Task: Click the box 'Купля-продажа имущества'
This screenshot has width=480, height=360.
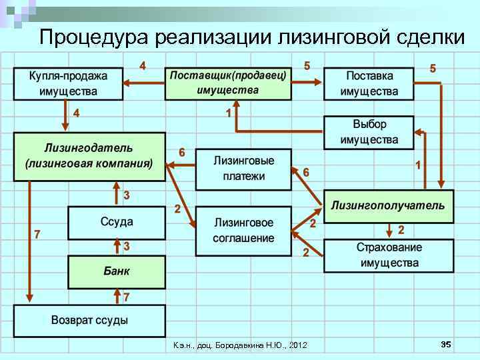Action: click(x=68, y=82)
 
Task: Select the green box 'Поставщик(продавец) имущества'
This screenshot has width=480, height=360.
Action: click(x=228, y=82)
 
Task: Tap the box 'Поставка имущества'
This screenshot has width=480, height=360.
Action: click(x=369, y=83)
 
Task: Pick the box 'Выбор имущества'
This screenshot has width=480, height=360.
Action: click(x=369, y=132)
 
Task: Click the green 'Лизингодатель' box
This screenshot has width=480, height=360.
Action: click(x=89, y=156)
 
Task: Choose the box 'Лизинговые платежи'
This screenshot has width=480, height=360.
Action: click(x=243, y=169)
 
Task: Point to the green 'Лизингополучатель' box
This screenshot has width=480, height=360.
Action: click(x=388, y=206)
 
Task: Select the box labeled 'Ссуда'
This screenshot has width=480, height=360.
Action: click(x=117, y=222)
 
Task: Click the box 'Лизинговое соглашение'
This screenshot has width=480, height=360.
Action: click(x=243, y=230)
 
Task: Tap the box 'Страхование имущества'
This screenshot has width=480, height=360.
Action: click(x=389, y=255)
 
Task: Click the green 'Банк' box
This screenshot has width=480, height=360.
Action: click(x=117, y=272)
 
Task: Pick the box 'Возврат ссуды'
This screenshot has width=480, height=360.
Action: click(x=89, y=321)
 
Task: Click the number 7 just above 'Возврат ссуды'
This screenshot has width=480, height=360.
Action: click(x=126, y=295)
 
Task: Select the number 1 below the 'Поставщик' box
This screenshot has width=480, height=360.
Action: click(x=229, y=113)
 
